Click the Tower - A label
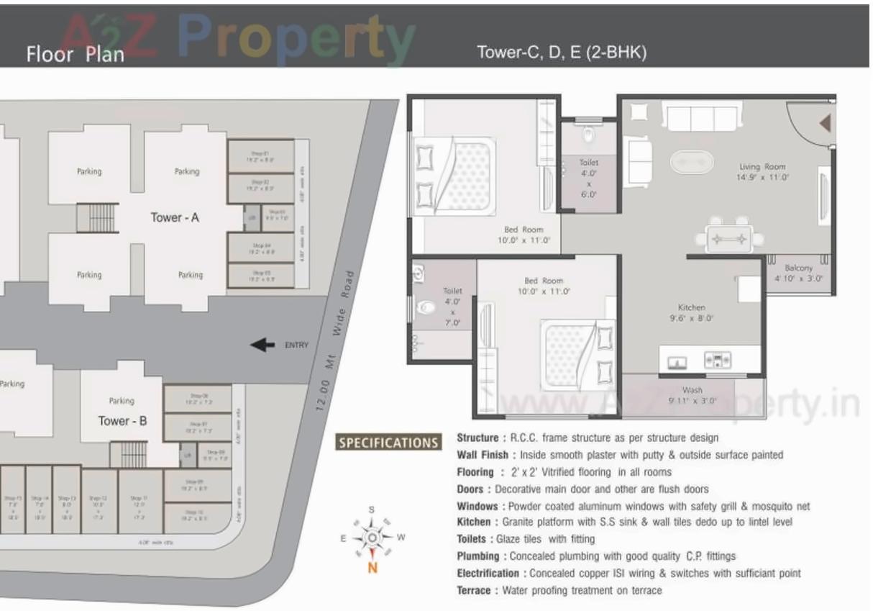[x=174, y=217]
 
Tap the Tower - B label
[x=122, y=420]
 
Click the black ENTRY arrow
[x=262, y=345]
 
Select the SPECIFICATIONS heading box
[x=388, y=443]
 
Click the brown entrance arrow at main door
[x=825, y=124]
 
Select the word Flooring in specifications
[x=475, y=472]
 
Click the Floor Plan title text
[x=75, y=54]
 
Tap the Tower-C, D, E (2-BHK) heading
[x=562, y=53]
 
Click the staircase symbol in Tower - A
[x=97, y=217]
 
